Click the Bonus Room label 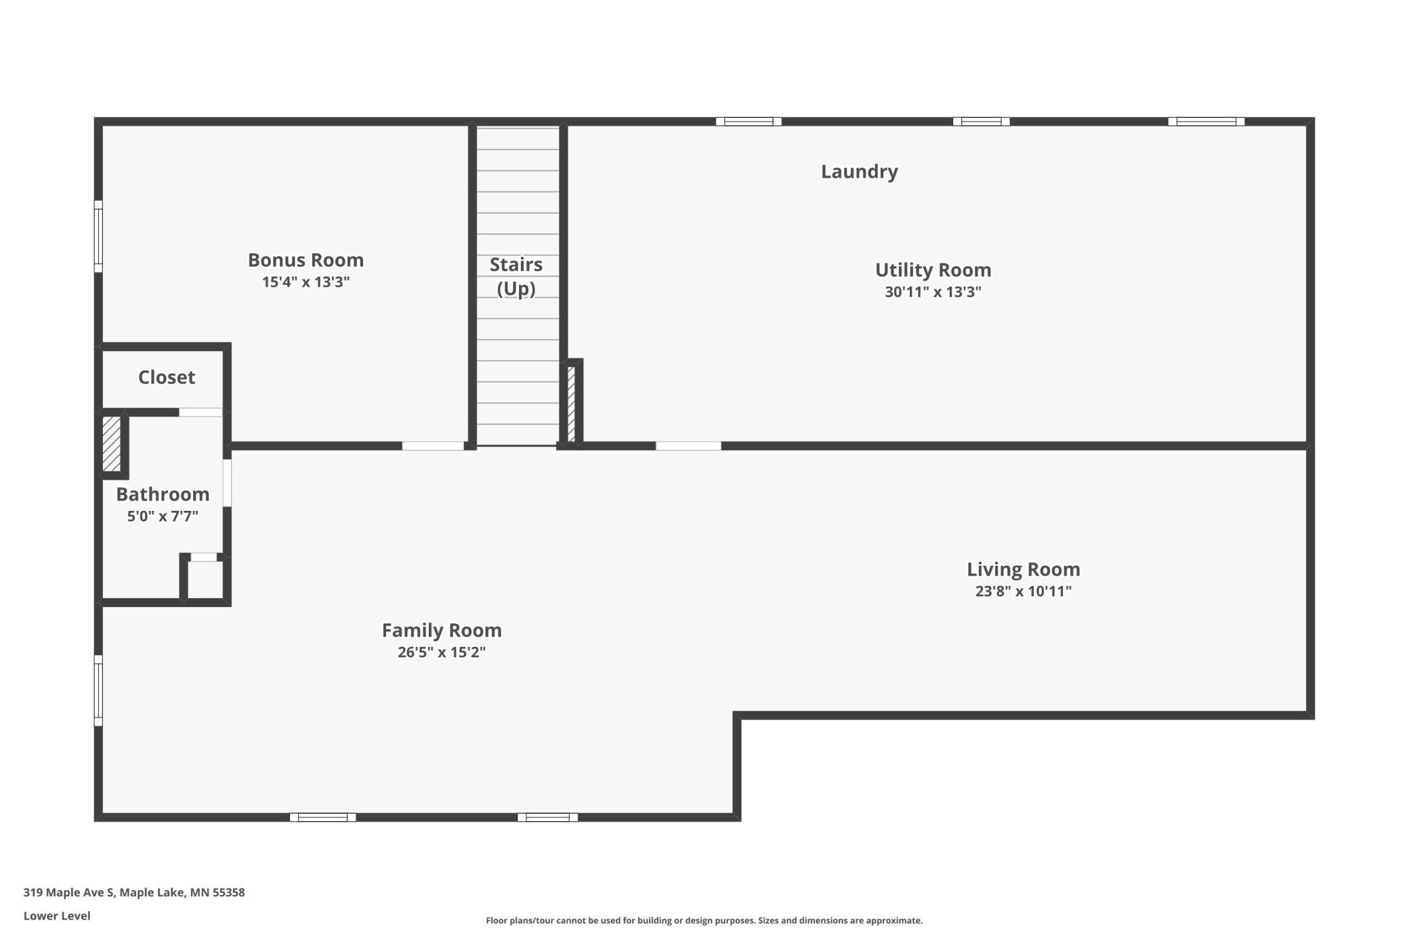point(306,260)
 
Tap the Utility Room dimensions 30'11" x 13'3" point(933,292)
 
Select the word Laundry point(860,172)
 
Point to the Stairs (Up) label point(516,276)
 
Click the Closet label point(167,377)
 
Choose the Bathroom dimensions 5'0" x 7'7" point(163,516)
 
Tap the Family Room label point(442,631)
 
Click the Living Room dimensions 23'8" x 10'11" point(1024,591)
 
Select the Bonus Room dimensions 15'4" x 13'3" point(306,282)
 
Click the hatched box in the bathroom point(112,444)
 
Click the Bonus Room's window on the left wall point(98,236)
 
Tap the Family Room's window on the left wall point(98,691)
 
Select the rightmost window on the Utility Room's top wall point(1206,122)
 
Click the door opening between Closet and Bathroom point(201,413)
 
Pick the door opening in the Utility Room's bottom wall point(688,446)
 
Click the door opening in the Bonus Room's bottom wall point(433,446)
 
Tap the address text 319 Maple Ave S point(68,893)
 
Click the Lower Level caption point(57,916)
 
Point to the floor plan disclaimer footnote point(704,921)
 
